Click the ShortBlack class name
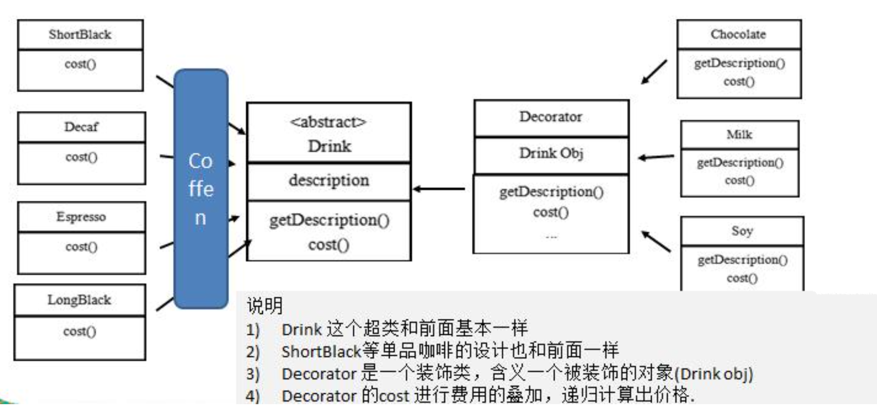[80, 34]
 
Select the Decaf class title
[81, 127]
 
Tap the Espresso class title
[81, 217]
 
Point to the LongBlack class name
[79, 300]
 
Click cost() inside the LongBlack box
[79, 331]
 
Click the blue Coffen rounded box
[201, 188]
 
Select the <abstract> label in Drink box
[328, 122]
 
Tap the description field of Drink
[329, 180]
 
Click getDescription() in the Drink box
[329, 220]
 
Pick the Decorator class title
[550, 117]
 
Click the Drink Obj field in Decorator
[551, 153]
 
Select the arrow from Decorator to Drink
[439, 188]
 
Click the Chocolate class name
[738, 34]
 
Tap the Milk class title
[739, 134]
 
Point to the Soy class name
[742, 231]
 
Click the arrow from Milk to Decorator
[656, 157]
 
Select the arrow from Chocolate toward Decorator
[654, 72]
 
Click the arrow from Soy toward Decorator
[656, 241]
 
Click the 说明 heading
[264, 306]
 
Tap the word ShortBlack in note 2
[321, 352]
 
